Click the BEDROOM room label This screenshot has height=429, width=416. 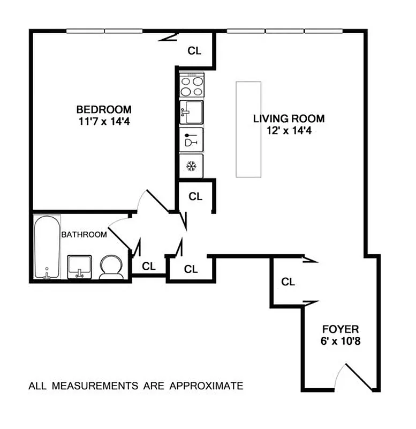tap(103, 109)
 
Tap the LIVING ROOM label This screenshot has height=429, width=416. tap(289, 119)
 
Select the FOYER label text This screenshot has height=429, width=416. tap(340, 329)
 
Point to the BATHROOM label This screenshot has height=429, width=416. tap(84, 234)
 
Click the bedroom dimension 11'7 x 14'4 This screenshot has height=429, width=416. tap(103, 121)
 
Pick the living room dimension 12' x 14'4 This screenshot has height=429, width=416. tap(289, 130)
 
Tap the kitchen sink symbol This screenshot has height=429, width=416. tap(191, 113)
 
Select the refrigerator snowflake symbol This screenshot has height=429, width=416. tap(191, 166)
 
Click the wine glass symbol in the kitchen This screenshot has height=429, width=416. tap(191, 139)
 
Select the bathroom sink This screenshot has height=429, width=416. tap(79, 267)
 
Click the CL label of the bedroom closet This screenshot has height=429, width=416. tap(194, 51)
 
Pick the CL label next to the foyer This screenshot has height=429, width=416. tap(288, 282)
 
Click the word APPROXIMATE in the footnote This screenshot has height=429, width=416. tap(206, 386)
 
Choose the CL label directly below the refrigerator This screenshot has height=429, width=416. tap(196, 197)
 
